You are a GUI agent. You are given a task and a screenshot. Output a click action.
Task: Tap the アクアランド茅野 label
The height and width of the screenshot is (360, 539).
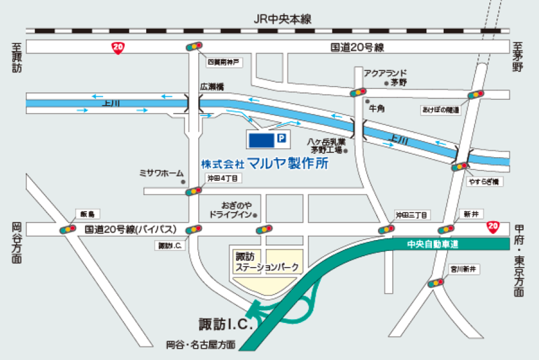point(385,78)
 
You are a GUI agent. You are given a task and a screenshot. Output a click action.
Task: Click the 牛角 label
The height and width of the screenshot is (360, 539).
point(375,108)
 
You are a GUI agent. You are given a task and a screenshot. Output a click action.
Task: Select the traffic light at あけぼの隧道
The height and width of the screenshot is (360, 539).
point(477,95)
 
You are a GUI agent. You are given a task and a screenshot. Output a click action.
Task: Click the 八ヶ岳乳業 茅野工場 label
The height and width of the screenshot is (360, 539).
point(327,146)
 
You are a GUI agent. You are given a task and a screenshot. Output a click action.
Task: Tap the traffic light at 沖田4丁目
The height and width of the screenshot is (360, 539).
point(194,191)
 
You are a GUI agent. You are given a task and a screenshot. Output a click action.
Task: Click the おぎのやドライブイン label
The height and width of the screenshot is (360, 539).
point(230,209)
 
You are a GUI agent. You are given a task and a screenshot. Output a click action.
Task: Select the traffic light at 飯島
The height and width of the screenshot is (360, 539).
point(68,229)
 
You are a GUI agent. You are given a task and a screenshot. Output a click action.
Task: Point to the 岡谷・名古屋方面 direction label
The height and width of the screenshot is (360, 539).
point(201,344)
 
